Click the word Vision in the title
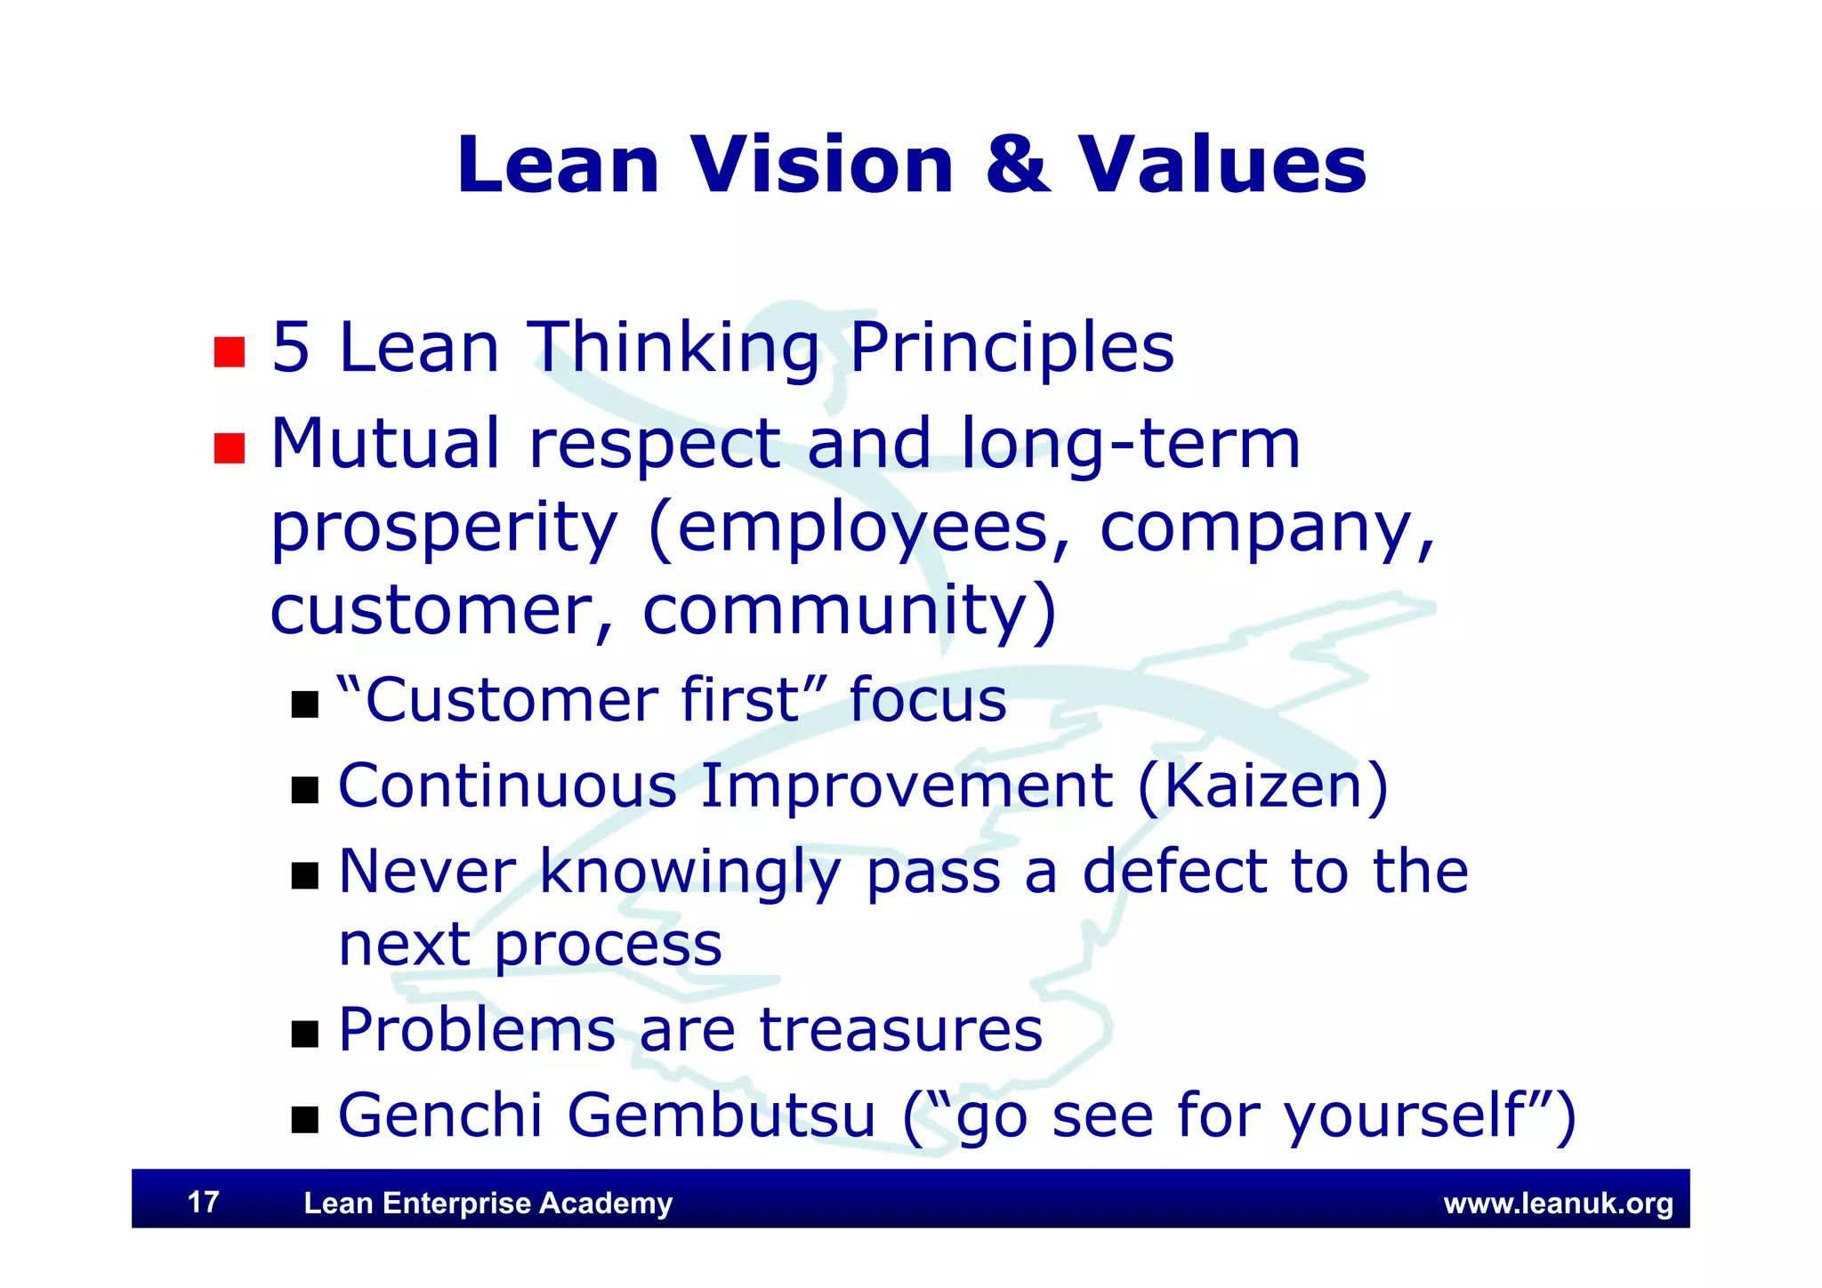823,165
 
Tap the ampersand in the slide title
1017,165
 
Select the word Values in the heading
1222,165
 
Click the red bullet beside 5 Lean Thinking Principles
230,352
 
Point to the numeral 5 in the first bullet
291,348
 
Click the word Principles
1012,348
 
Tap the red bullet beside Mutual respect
230,448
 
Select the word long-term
1131,443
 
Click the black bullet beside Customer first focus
305,704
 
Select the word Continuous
508,786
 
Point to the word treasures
900,1030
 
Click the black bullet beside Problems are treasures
305,1034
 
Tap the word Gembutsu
722,1115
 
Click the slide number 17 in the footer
204,1203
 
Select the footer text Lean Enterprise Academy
488,1203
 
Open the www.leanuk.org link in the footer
1558,1203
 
